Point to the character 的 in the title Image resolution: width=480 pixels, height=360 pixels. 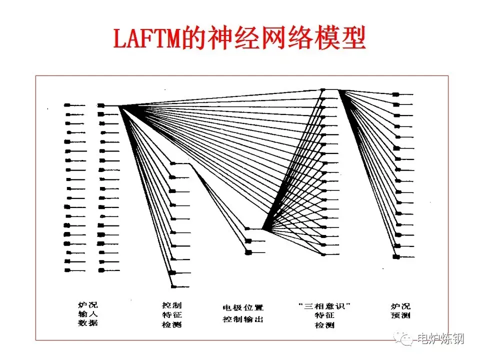click(193, 38)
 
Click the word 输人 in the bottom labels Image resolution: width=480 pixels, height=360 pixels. click(88, 313)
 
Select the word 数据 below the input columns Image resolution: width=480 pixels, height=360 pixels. click(88, 323)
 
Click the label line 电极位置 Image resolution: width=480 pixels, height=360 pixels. click(243, 307)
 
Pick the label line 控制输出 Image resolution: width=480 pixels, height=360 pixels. click(243, 319)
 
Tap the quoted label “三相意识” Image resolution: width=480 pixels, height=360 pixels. click(323, 305)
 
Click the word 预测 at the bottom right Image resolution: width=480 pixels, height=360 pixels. click(400, 315)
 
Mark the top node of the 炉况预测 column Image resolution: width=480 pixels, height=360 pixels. click(395, 94)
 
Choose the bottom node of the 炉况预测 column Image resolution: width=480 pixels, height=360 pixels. click(396, 256)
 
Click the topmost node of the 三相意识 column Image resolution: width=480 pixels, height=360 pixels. click(323, 90)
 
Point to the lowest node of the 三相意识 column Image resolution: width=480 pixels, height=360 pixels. click(323, 254)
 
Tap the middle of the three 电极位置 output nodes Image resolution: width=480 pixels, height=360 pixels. click(248, 241)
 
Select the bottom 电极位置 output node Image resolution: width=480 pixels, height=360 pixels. click(247, 252)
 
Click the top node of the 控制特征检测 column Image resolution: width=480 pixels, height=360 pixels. click(173, 163)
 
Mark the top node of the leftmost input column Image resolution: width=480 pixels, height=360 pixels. click(67, 105)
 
